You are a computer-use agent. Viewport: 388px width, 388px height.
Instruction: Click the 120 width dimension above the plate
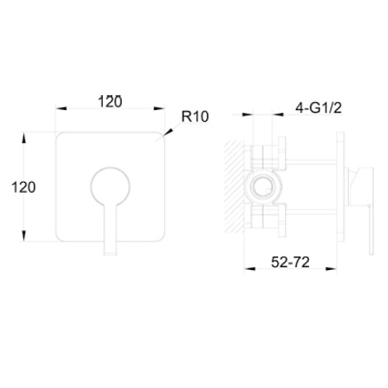(110, 102)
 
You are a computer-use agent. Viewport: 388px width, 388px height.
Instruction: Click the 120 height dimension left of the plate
(24, 187)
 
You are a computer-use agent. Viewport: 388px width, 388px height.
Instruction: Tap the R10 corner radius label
(195, 116)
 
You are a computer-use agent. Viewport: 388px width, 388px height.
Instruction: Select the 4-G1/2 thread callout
(319, 108)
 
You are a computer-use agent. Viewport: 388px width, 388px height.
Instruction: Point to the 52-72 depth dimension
(290, 262)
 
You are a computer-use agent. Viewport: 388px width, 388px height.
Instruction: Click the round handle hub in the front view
(110, 186)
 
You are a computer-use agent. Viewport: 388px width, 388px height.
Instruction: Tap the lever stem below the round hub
(111, 230)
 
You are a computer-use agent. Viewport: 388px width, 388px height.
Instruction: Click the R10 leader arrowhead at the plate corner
(167, 132)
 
